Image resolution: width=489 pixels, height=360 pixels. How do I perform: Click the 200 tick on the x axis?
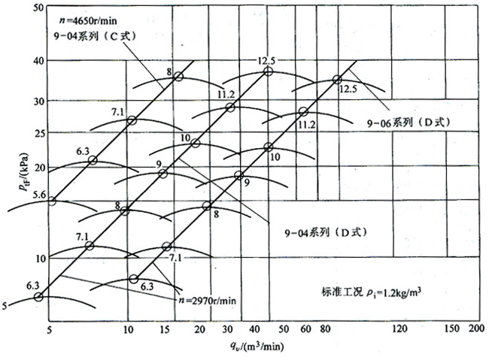pyautogui.click(x=475, y=329)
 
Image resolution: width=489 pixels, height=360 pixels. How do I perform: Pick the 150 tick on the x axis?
pyautogui.click(x=451, y=329)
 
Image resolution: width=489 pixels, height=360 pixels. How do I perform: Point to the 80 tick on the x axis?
pyautogui.click(x=323, y=329)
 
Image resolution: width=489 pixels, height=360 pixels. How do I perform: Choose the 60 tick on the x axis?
pyautogui.click(x=305, y=329)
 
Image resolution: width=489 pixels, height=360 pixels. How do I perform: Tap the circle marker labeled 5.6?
pyautogui.click(x=51, y=201)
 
